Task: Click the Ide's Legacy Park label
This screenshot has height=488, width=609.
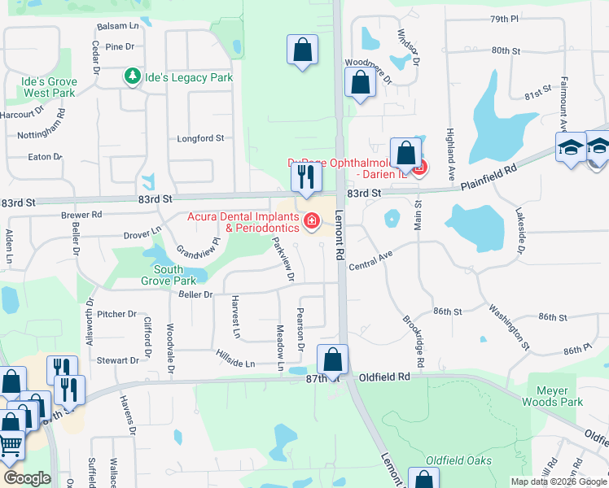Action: click(x=188, y=77)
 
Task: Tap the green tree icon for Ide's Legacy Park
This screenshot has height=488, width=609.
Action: click(x=131, y=76)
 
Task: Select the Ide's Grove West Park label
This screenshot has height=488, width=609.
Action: click(x=50, y=88)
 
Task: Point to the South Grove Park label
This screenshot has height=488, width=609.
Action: click(x=169, y=275)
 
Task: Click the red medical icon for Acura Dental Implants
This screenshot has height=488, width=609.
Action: click(x=311, y=221)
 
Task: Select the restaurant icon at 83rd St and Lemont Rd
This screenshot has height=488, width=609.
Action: click(x=305, y=176)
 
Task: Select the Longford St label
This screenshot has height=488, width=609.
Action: click(x=200, y=139)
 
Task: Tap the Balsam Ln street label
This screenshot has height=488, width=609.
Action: click(x=118, y=26)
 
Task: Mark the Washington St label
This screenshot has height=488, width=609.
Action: click(x=510, y=329)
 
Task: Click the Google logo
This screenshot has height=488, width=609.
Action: click(x=27, y=478)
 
